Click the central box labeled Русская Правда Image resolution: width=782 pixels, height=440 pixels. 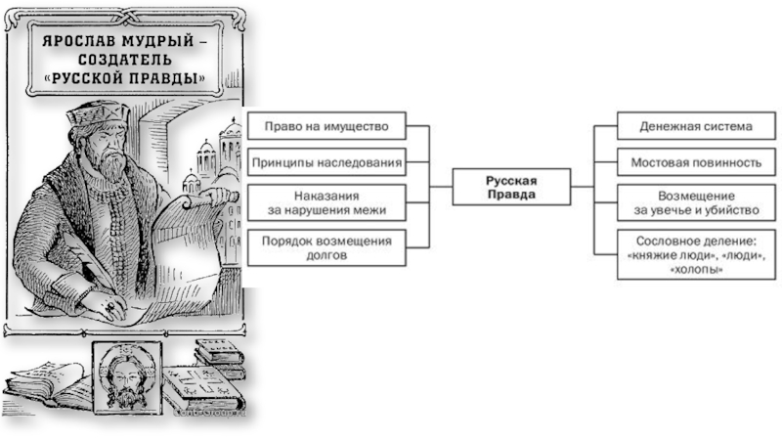pyautogui.click(x=512, y=187)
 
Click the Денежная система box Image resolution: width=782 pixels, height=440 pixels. pyautogui.click(x=696, y=126)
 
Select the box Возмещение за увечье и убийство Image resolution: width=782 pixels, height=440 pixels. pyautogui.click(x=696, y=202)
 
